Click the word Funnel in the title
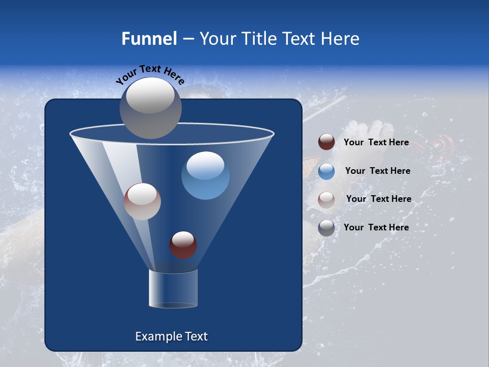pyautogui.click(x=149, y=39)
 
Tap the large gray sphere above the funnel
pyautogui.click(x=151, y=108)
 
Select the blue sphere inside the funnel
pyautogui.click(x=206, y=176)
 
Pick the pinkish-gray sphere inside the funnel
pyautogui.click(x=142, y=202)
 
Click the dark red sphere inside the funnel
pyautogui.click(x=183, y=245)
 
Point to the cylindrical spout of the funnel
pyautogui.click(x=173, y=289)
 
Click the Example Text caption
pyautogui.click(x=171, y=336)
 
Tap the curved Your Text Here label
pyautogui.click(x=150, y=74)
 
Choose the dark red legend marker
pyautogui.click(x=327, y=142)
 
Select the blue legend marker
pyautogui.click(x=327, y=171)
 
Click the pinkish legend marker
pyautogui.click(x=327, y=199)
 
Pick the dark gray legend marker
pyautogui.click(x=327, y=228)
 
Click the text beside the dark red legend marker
pyautogui.click(x=376, y=143)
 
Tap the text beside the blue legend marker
pyautogui.click(x=377, y=171)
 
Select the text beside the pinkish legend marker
pyautogui.click(x=378, y=199)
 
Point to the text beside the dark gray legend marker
pyautogui.click(x=376, y=227)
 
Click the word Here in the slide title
pyautogui.click(x=341, y=39)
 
